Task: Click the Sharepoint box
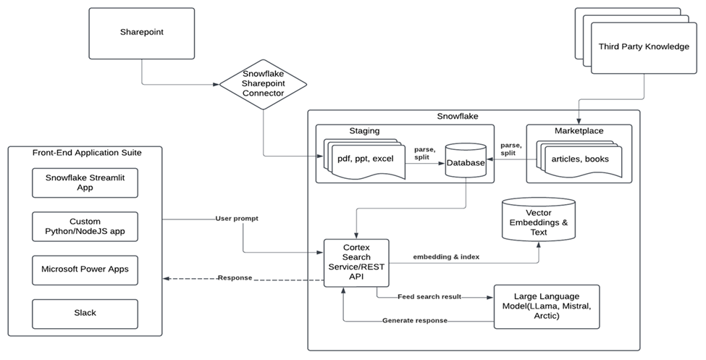click(x=142, y=33)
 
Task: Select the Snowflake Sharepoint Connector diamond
click(x=263, y=84)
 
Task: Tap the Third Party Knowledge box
click(x=643, y=46)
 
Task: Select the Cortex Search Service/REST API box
click(x=356, y=262)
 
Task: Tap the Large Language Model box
click(x=546, y=306)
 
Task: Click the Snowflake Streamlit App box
click(x=85, y=183)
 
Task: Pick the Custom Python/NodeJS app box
click(x=85, y=227)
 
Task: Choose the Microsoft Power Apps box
click(x=85, y=269)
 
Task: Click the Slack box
click(x=85, y=313)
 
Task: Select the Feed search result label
click(x=429, y=297)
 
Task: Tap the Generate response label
click(x=415, y=320)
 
